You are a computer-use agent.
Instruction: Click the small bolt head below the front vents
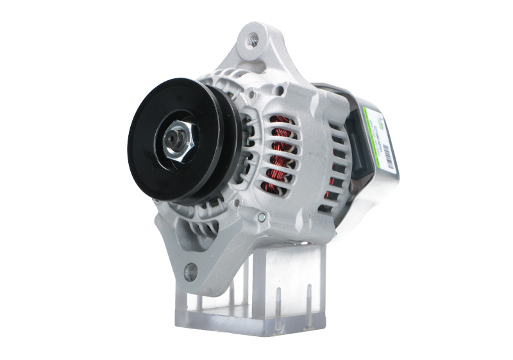[x=262, y=220]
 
